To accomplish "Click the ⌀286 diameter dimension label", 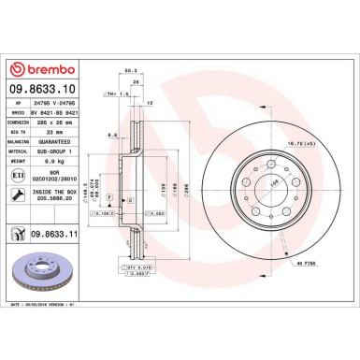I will click(185, 187).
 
